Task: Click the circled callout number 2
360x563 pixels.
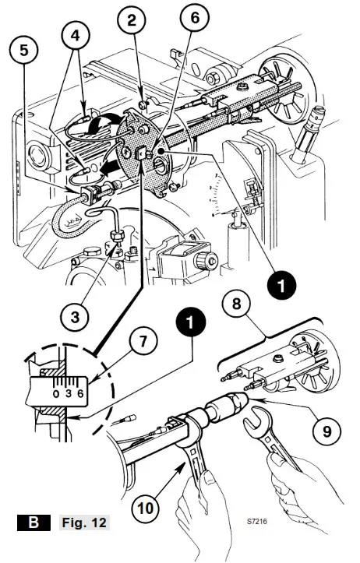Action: click(x=133, y=17)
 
